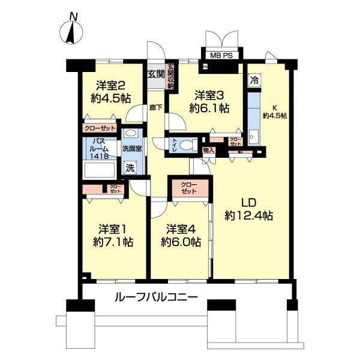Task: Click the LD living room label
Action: pyautogui.click(x=250, y=208)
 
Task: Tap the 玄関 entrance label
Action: pyautogui.click(x=155, y=74)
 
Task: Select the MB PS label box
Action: pyautogui.click(x=222, y=56)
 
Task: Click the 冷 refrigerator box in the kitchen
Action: pyautogui.click(x=254, y=79)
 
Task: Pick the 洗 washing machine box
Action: pyautogui.click(x=129, y=168)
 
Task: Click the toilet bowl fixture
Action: pyautogui.click(x=187, y=144)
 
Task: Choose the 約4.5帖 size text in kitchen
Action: pyautogui.click(x=274, y=116)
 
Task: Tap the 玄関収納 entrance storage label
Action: pyautogui.click(x=170, y=77)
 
